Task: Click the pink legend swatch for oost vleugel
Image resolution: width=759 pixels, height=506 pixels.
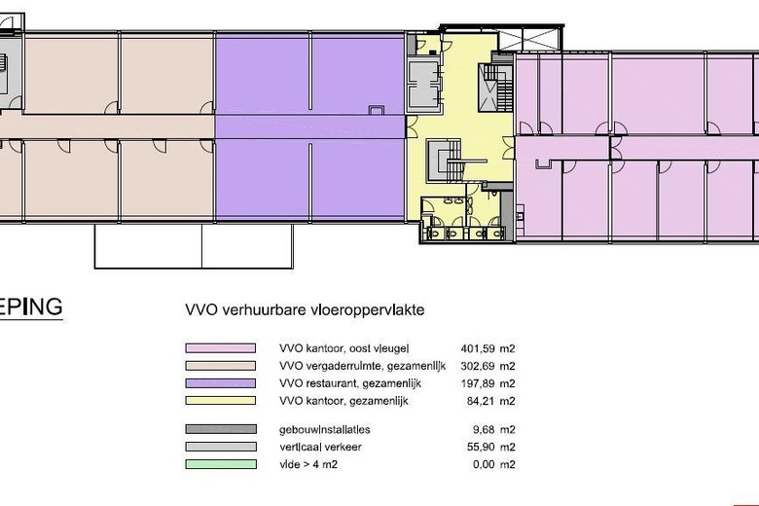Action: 220,348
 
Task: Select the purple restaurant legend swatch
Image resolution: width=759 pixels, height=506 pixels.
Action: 220,383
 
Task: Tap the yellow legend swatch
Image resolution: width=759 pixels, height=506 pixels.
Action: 220,401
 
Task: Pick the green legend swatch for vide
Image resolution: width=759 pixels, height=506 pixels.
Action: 220,464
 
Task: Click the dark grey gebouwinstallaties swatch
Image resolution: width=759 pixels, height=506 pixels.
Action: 220,429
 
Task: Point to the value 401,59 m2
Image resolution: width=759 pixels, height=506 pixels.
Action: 488,348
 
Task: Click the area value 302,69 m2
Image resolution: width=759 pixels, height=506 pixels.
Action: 488,366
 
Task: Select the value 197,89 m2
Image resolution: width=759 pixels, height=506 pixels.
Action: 488,383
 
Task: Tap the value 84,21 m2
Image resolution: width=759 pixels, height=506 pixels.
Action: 490,401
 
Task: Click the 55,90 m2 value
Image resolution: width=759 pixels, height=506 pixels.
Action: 490,447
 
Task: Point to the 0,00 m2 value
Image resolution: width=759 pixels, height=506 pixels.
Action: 493,464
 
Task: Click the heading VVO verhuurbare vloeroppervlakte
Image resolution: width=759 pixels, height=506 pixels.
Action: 305,309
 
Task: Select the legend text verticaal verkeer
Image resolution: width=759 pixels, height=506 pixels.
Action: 320,447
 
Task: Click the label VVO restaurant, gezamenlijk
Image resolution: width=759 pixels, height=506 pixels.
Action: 350,384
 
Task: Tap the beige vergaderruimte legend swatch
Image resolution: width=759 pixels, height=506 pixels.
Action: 220,366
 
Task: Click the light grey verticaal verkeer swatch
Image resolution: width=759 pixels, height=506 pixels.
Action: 220,447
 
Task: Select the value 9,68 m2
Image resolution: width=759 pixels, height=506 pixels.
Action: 493,429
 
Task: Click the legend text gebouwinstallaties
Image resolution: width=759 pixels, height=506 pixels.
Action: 325,430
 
